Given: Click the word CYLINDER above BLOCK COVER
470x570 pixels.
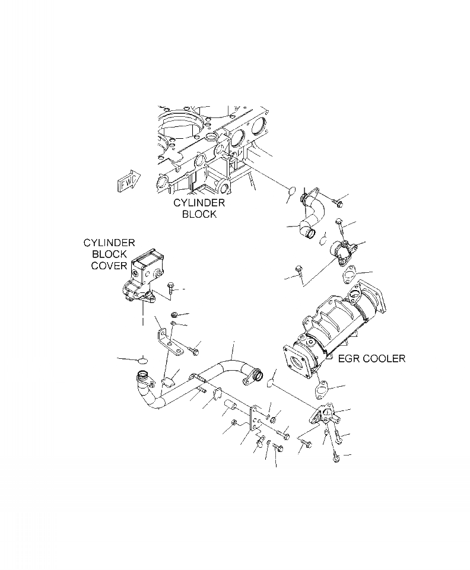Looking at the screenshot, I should click(x=109, y=243).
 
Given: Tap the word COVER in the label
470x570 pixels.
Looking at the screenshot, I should click(x=109, y=266).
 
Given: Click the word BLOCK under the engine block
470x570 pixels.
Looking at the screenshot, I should click(x=199, y=214).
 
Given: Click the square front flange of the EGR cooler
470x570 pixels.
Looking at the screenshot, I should click(x=300, y=362).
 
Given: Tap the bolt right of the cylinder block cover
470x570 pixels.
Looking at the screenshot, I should click(x=172, y=288).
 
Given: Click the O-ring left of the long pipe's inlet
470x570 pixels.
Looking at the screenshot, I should click(x=142, y=360).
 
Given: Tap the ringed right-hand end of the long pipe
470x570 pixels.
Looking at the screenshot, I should click(x=256, y=375).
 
